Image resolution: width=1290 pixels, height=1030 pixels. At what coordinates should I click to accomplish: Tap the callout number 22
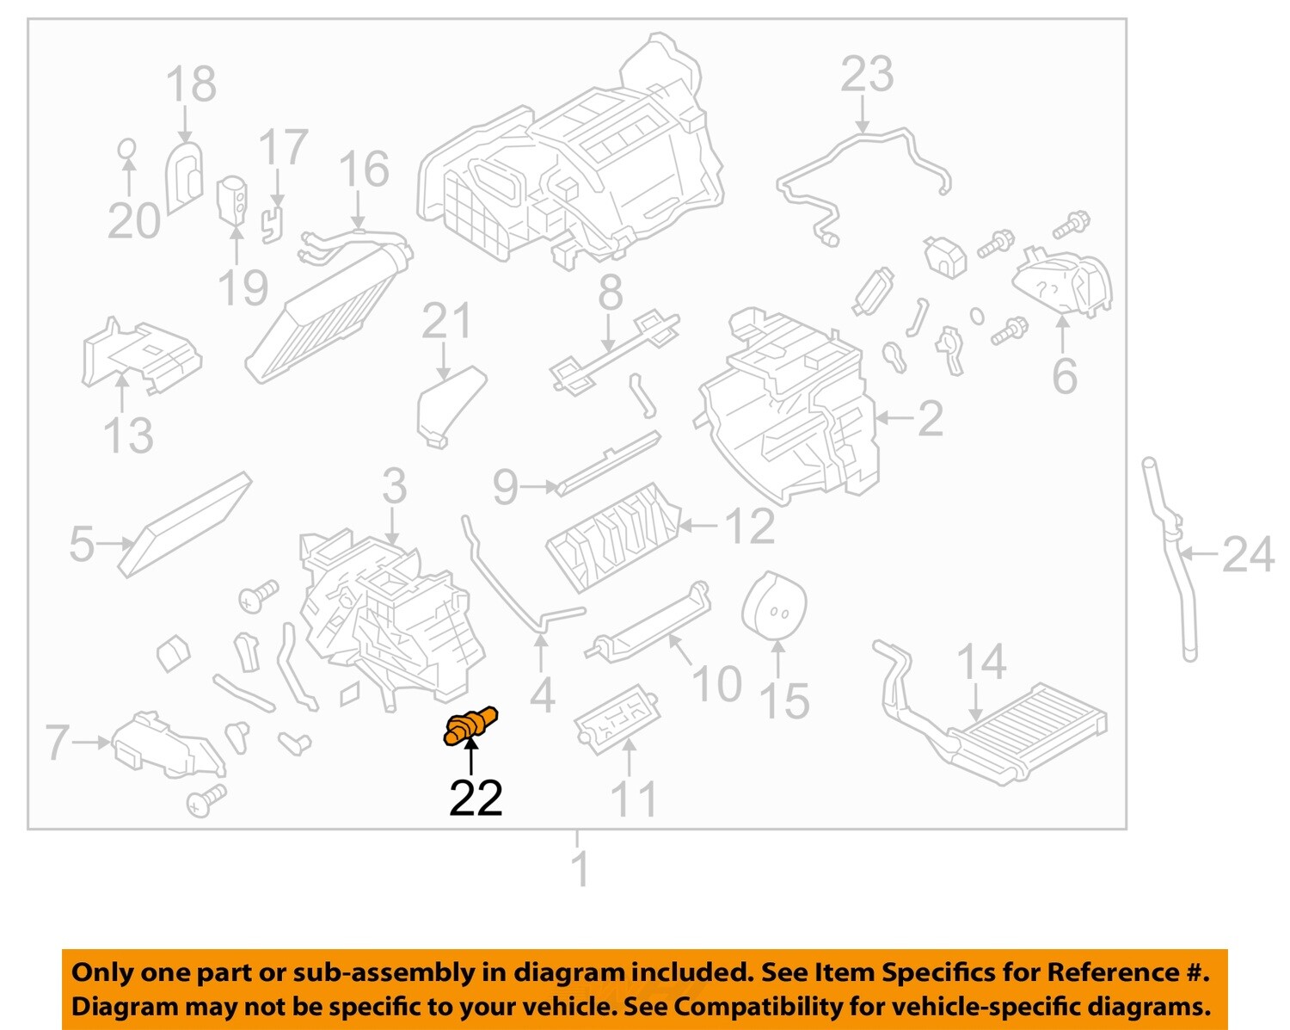click(x=476, y=799)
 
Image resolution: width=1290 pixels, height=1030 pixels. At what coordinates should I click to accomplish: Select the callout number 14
click(x=981, y=662)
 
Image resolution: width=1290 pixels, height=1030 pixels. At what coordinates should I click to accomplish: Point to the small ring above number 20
click(x=126, y=148)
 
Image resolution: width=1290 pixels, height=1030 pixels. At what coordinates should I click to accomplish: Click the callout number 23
click(x=867, y=75)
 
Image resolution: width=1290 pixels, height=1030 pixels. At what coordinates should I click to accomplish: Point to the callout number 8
click(x=610, y=293)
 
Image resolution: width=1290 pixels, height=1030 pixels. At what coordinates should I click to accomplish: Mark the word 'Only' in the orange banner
click(x=102, y=972)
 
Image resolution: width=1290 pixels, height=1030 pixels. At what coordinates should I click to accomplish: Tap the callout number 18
click(x=191, y=84)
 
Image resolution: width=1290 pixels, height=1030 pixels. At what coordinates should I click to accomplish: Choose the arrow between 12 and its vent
click(x=698, y=525)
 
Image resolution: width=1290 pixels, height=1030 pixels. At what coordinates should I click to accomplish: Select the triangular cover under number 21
click(x=450, y=404)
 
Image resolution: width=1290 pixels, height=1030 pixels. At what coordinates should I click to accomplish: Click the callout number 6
click(x=1065, y=376)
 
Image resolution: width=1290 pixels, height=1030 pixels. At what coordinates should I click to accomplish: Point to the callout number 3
click(x=394, y=487)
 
